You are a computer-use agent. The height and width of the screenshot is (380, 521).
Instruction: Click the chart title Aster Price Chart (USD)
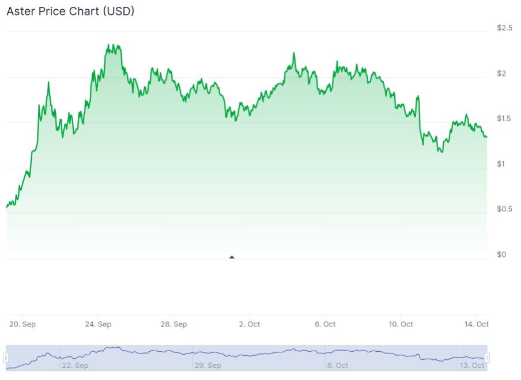point(70,11)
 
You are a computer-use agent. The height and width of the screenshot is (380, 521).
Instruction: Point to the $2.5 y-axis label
point(504,28)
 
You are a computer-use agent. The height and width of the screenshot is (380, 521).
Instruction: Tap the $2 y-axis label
point(501,73)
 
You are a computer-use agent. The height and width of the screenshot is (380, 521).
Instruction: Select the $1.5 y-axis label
point(504,119)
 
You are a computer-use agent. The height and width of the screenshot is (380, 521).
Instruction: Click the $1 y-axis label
point(501,164)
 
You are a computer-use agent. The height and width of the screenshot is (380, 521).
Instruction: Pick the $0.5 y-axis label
point(504,209)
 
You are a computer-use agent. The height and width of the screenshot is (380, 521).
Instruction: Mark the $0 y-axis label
point(501,254)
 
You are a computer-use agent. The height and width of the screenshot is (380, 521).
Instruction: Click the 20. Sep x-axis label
point(22,324)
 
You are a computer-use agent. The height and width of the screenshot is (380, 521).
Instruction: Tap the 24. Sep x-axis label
point(98,324)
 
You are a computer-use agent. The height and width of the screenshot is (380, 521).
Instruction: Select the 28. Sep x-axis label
point(173,324)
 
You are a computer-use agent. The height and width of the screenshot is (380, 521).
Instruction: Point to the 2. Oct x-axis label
point(250,324)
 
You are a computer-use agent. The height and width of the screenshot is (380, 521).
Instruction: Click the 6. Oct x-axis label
point(325,324)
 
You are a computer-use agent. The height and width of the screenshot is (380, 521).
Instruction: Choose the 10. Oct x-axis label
point(401,324)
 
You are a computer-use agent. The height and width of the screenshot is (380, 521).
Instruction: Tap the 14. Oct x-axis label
point(477,324)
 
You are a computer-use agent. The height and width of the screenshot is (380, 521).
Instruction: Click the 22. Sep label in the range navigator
point(75,365)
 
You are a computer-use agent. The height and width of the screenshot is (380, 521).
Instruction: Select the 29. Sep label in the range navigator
point(208,365)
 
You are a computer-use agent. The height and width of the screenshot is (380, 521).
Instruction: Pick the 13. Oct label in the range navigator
point(471,365)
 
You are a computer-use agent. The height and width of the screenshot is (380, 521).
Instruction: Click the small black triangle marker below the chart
point(232,257)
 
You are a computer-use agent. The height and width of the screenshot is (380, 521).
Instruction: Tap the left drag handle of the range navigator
point(6,358)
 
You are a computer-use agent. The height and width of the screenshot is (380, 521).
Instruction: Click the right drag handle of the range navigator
point(487,358)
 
